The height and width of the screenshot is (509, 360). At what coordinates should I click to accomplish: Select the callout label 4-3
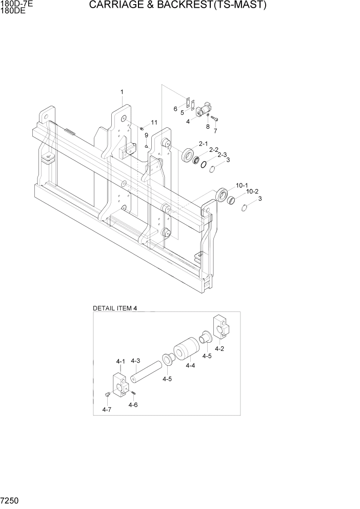tap(135, 361)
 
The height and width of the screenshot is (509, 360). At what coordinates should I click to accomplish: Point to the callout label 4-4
tap(190, 365)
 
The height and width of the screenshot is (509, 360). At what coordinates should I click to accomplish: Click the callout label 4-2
tap(219, 348)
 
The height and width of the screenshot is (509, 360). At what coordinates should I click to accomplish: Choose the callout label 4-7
tap(107, 409)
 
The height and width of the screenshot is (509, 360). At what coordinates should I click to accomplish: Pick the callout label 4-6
tap(133, 404)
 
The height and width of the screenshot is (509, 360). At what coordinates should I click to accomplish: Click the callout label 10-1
tap(242, 185)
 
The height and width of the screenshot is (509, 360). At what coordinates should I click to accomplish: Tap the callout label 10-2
tap(252, 191)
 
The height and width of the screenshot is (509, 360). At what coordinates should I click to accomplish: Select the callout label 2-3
tap(222, 154)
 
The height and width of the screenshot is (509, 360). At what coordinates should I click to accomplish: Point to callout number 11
tap(154, 123)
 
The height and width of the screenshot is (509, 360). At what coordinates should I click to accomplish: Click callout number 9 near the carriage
tap(146, 135)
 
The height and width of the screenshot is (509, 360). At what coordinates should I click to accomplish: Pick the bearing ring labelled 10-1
tap(223, 194)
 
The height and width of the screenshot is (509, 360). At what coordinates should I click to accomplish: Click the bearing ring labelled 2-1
tap(187, 154)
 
